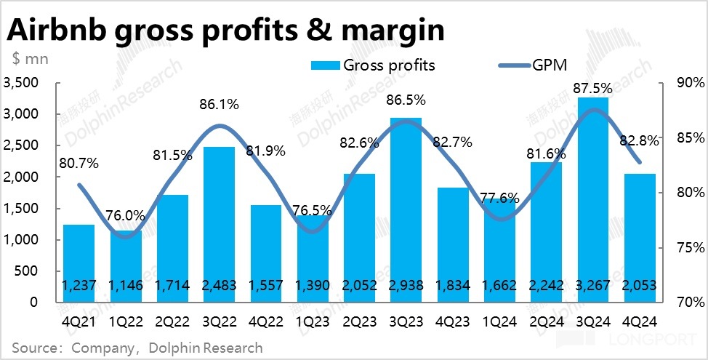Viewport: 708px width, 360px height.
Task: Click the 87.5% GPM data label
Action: (x=593, y=88)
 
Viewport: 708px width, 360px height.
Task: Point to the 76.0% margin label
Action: (x=126, y=215)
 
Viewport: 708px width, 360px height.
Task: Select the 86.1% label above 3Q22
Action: (x=219, y=105)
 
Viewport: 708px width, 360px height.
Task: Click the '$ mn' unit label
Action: (x=29, y=59)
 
